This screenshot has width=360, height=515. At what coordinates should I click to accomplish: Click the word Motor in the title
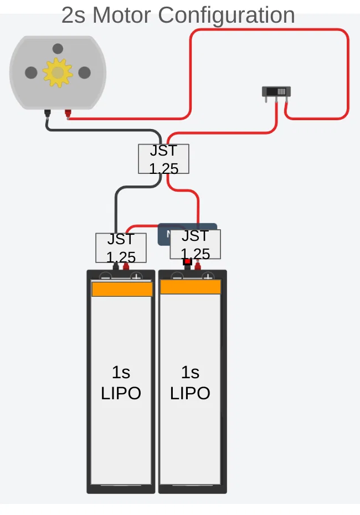(x=122, y=15)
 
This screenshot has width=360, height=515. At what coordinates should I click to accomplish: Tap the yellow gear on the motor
(x=58, y=73)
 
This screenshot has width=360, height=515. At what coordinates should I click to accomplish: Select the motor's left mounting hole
(x=32, y=73)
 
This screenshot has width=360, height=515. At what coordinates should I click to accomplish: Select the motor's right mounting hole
(x=84, y=73)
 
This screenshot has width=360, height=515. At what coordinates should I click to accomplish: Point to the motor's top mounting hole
(x=58, y=49)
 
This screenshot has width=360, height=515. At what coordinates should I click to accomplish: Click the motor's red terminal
(x=68, y=114)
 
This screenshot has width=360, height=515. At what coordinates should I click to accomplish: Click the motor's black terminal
(x=48, y=114)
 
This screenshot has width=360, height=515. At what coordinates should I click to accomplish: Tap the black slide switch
(x=276, y=92)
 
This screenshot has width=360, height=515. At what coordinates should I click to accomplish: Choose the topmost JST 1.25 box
(x=163, y=159)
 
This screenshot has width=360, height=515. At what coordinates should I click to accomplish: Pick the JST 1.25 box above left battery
(x=121, y=248)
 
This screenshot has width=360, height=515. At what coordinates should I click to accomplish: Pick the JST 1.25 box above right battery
(x=195, y=244)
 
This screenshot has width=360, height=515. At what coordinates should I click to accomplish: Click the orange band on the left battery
(x=122, y=289)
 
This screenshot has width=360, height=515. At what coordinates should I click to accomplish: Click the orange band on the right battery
(x=191, y=287)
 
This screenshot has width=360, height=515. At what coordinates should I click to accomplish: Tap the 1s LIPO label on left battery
(x=121, y=382)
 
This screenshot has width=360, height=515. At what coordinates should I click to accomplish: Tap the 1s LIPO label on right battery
(x=190, y=382)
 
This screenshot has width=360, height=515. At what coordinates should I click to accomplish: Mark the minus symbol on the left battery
(x=106, y=276)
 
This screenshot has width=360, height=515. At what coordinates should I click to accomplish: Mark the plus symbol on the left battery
(x=136, y=276)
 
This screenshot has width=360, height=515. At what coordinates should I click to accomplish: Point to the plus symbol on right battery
(x=208, y=276)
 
